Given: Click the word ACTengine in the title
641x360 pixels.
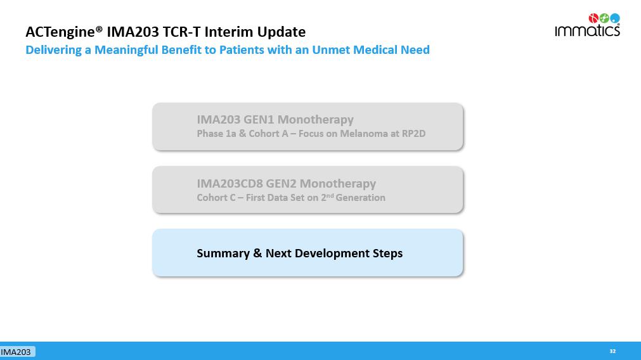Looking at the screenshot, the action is click(x=60, y=32).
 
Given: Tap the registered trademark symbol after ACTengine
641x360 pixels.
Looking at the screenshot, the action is click(x=99, y=29).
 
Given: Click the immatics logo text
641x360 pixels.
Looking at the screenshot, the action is click(x=587, y=30).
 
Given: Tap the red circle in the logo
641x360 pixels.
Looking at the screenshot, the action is click(x=593, y=18).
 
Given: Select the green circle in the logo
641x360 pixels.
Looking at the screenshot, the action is click(x=604, y=18).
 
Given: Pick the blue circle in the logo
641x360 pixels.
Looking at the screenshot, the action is click(x=615, y=18).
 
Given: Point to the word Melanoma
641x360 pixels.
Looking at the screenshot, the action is click(x=364, y=134).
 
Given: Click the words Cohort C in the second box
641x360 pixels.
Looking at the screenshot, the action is click(x=216, y=198).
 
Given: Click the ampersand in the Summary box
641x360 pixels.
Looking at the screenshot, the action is click(x=257, y=254).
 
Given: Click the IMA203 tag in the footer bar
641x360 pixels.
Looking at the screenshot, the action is click(x=16, y=352).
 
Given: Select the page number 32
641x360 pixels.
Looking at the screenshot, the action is click(x=612, y=351).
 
